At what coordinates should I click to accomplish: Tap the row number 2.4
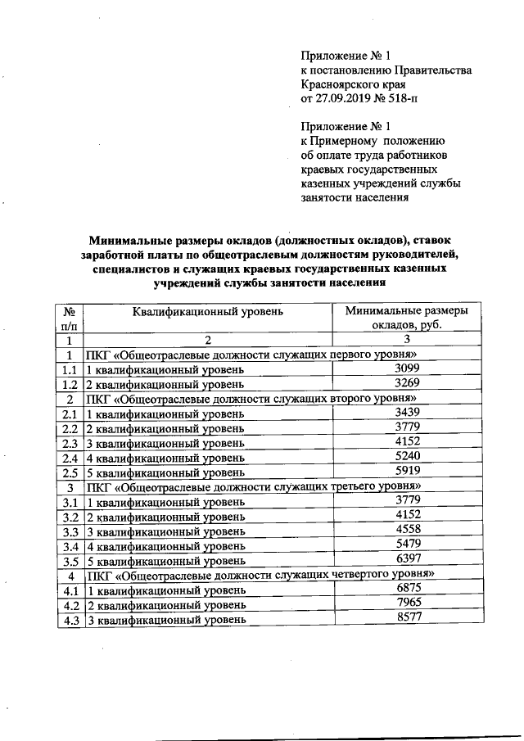70,458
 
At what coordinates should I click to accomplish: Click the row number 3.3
70,531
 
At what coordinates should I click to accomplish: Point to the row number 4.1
70,590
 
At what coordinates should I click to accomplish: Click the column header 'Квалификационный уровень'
208,312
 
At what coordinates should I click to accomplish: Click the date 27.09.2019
347,99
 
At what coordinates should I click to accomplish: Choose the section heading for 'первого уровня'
255,355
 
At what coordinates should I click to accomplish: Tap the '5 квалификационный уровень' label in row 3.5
165,561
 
